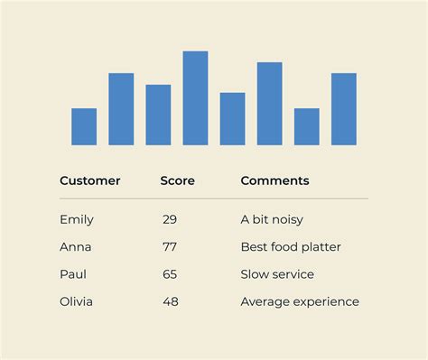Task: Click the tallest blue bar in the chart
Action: point(195,97)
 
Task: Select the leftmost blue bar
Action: point(84,126)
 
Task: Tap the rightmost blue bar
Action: point(343,108)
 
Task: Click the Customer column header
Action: point(89,180)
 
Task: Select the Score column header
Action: point(177,180)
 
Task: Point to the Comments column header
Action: point(274,180)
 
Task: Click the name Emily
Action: point(77,219)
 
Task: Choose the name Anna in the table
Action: point(75,246)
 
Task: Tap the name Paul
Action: point(73,274)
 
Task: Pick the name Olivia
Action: point(76,301)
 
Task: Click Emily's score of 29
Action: point(170,219)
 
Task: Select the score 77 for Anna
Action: point(170,246)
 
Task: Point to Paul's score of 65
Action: point(170,274)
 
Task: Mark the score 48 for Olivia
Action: point(170,301)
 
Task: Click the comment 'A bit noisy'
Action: point(272,219)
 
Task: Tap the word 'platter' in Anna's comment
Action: point(321,246)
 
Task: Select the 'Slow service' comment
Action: point(276,274)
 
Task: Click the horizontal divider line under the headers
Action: point(213,198)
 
